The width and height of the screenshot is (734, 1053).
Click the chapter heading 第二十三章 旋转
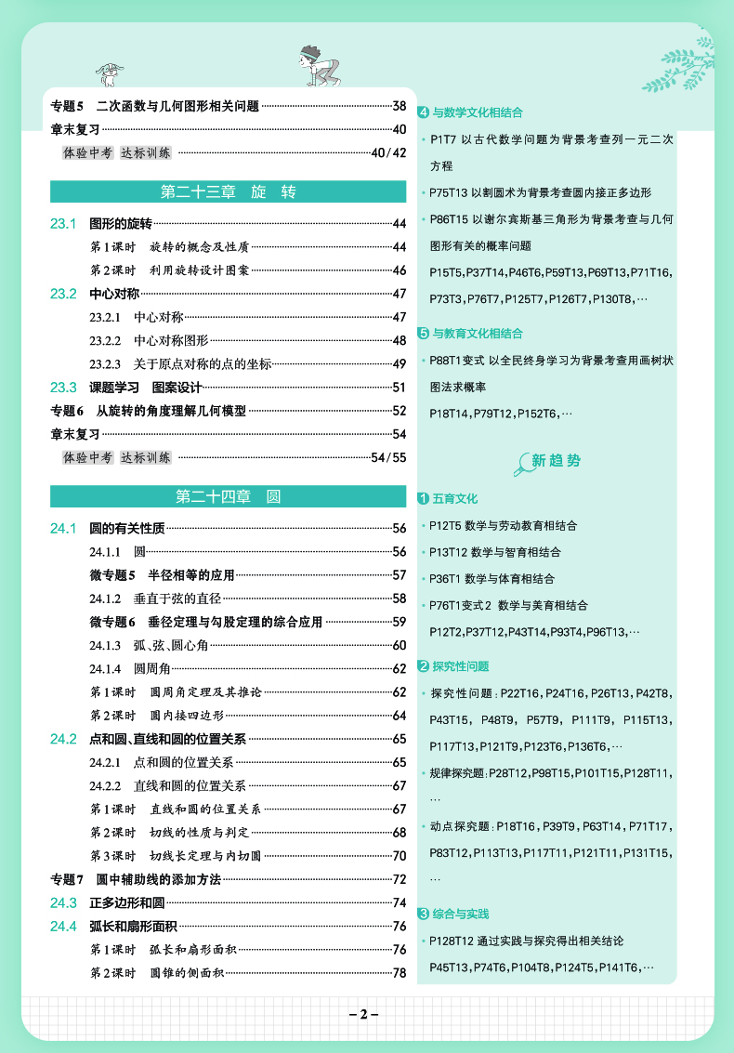[x=228, y=192]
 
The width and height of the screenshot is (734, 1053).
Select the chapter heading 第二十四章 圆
[x=228, y=496]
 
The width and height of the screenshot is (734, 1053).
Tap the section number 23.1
[x=62, y=223]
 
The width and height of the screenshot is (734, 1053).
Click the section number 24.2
[x=62, y=739]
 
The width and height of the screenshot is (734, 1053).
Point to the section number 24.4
[x=62, y=926]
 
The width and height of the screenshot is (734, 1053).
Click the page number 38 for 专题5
[x=400, y=106]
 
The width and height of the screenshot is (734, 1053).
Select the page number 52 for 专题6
[x=400, y=411]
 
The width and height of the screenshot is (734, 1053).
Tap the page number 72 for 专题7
[x=400, y=879]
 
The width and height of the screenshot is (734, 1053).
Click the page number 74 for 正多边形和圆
[x=400, y=902]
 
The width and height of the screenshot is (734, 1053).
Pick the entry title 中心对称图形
[x=171, y=340]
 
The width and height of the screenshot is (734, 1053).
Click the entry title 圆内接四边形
[x=187, y=716]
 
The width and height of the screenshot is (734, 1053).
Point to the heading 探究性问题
[x=461, y=666]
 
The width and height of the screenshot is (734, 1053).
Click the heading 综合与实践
[x=461, y=915]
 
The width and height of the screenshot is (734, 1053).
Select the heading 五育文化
[x=455, y=499]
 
